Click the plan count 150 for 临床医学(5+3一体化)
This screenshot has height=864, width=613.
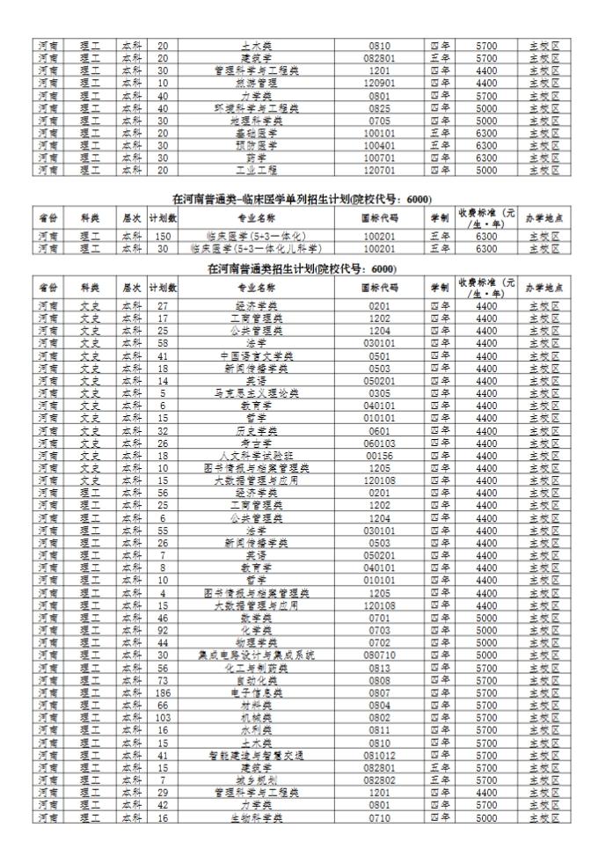point(163,236)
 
